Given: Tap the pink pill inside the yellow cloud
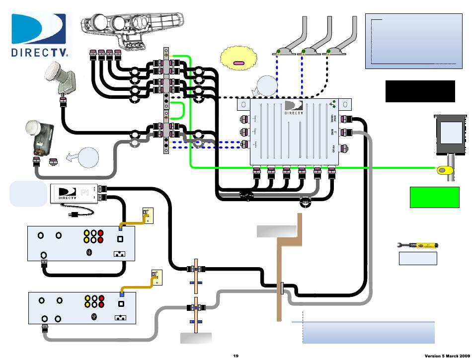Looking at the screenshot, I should click(x=239, y=63).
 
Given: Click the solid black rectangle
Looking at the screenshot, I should click(x=420, y=91).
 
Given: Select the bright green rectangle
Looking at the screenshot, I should click(x=434, y=198).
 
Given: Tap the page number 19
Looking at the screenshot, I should click(x=236, y=356).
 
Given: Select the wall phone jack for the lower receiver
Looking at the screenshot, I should click(x=157, y=277).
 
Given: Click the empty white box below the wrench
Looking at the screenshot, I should click(x=418, y=258).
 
